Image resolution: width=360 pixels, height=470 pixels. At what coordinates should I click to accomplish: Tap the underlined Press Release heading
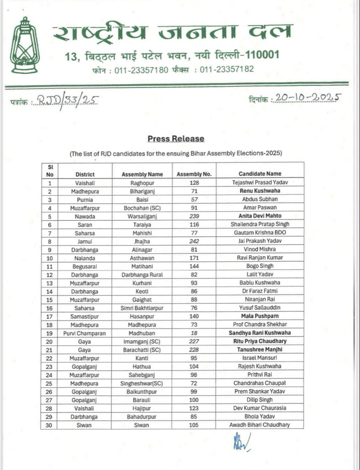pos(176,139)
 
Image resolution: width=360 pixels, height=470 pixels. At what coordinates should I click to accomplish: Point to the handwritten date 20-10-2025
pos(307,98)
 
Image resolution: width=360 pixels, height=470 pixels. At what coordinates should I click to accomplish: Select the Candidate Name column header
pos(260,174)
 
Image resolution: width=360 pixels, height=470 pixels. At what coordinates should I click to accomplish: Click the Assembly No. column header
pos(194,174)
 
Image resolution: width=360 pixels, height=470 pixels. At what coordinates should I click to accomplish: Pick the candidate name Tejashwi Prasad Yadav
pos(260,182)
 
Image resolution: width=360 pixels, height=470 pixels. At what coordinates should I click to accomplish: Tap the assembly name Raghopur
pos(142,182)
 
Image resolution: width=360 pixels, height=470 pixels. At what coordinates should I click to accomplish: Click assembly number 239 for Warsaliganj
pos(194,216)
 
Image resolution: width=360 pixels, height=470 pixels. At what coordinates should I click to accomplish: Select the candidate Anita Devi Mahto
pos(260,216)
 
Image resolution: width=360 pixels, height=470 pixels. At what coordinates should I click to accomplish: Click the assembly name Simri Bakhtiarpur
pos(142,308)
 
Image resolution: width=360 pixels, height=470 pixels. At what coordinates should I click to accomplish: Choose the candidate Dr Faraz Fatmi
pos(260,291)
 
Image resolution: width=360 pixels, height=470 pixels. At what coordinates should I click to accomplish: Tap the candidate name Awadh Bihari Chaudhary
pos(260,425)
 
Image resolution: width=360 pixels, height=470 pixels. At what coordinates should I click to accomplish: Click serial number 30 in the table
pos(51,425)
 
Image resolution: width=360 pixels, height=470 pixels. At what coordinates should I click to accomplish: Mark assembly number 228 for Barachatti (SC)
pos(194,350)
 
